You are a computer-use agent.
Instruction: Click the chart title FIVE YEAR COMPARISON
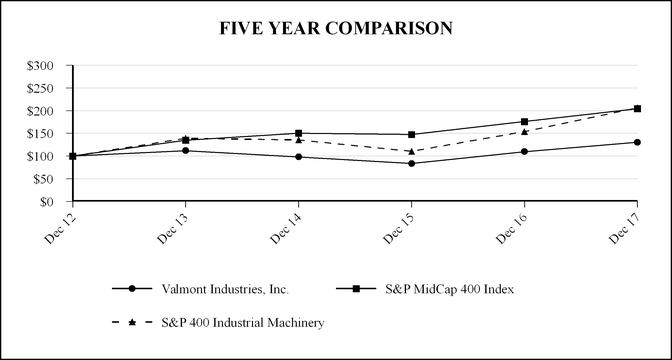(x=336, y=29)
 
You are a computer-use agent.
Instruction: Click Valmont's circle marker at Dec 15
(x=411, y=163)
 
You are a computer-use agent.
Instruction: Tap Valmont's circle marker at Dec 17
(x=637, y=142)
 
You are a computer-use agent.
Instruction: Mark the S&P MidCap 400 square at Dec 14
(x=298, y=133)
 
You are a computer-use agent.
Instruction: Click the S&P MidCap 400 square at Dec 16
(x=524, y=122)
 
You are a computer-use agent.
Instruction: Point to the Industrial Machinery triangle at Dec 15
(x=411, y=151)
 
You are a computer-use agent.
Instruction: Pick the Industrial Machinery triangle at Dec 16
(x=524, y=131)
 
